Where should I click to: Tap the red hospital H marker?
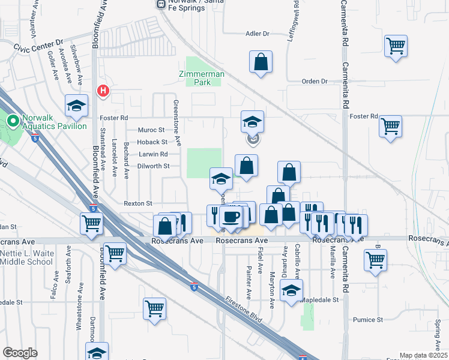103,91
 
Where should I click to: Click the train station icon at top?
160,4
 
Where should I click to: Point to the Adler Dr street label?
258,34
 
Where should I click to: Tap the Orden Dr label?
315,81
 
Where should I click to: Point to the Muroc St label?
151,130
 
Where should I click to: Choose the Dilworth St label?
155,166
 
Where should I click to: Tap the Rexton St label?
138,203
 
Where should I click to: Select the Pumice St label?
368,320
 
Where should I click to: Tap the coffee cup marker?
232,214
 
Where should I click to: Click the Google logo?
20,353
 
